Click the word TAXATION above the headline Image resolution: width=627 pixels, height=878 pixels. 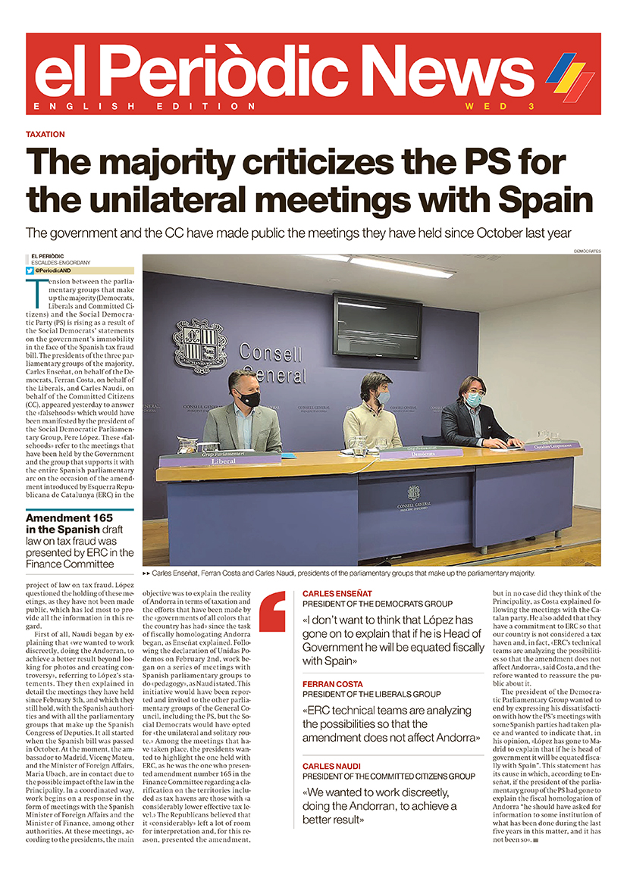[x=45, y=134]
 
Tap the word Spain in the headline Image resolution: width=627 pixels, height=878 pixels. [x=546, y=200]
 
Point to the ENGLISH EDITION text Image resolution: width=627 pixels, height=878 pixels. [x=127, y=107]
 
